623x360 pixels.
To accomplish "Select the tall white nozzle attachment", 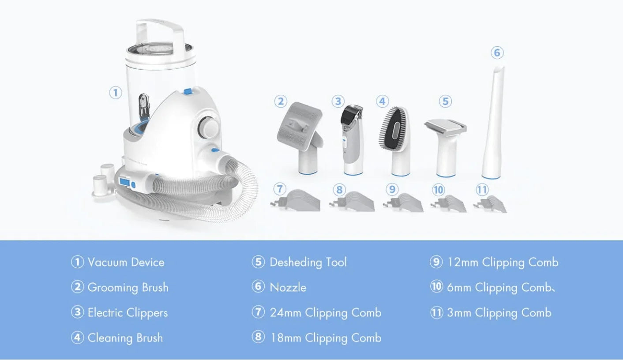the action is pyautogui.click(x=493, y=122).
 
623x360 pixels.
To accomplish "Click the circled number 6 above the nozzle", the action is pyautogui.click(x=497, y=52).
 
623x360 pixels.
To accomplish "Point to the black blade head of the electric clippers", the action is pyautogui.click(x=352, y=115).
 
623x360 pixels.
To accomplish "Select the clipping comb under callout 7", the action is pyautogui.click(x=296, y=201).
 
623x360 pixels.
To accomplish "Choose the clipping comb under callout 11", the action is pyautogui.click(x=490, y=205).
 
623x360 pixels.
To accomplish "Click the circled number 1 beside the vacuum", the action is pyautogui.click(x=116, y=93).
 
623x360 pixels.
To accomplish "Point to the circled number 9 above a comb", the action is pyautogui.click(x=392, y=189).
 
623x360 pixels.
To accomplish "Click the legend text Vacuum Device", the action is pyautogui.click(x=126, y=262).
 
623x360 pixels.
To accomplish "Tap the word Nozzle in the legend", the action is pyautogui.click(x=288, y=288).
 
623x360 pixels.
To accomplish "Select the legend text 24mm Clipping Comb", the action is pyautogui.click(x=326, y=313).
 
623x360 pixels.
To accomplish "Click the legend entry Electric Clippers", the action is pyautogui.click(x=128, y=313).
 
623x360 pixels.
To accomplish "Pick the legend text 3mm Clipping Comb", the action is pyautogui.click(x=499, y=313).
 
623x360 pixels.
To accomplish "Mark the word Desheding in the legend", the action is pyautogui.click(x=296, y=262).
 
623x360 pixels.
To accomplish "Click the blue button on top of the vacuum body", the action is pyautogui.click(x=188, y=91).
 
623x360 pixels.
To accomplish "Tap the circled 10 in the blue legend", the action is pyautogui.click(x=436, y=287).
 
